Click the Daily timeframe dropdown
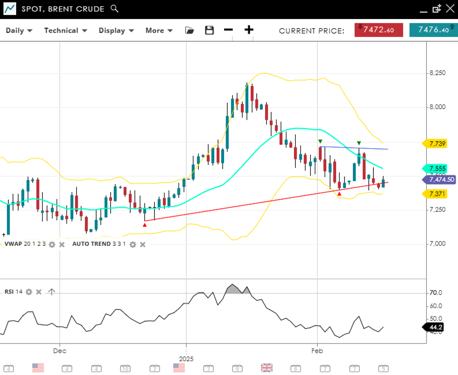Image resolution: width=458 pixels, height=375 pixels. point(19,31)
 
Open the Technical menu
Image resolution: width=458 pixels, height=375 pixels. point(66,31)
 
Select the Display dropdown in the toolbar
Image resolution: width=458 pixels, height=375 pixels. point(116,31)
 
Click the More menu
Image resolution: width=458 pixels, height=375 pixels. point(159,31)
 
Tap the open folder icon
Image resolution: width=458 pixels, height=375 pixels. point(189,30)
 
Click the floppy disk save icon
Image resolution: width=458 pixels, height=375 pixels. point(209,30)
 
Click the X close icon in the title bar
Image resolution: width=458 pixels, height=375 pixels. point(450,8)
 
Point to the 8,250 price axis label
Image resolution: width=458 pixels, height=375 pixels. point(437,73)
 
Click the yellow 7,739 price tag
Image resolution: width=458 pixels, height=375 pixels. point(437,144)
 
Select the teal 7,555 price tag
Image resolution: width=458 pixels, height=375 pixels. point(437,169)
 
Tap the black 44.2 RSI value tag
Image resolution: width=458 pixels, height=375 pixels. point(435,327)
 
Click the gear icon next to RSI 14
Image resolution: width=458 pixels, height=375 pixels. point(29,292)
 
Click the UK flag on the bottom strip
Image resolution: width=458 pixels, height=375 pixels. point(266,368)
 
